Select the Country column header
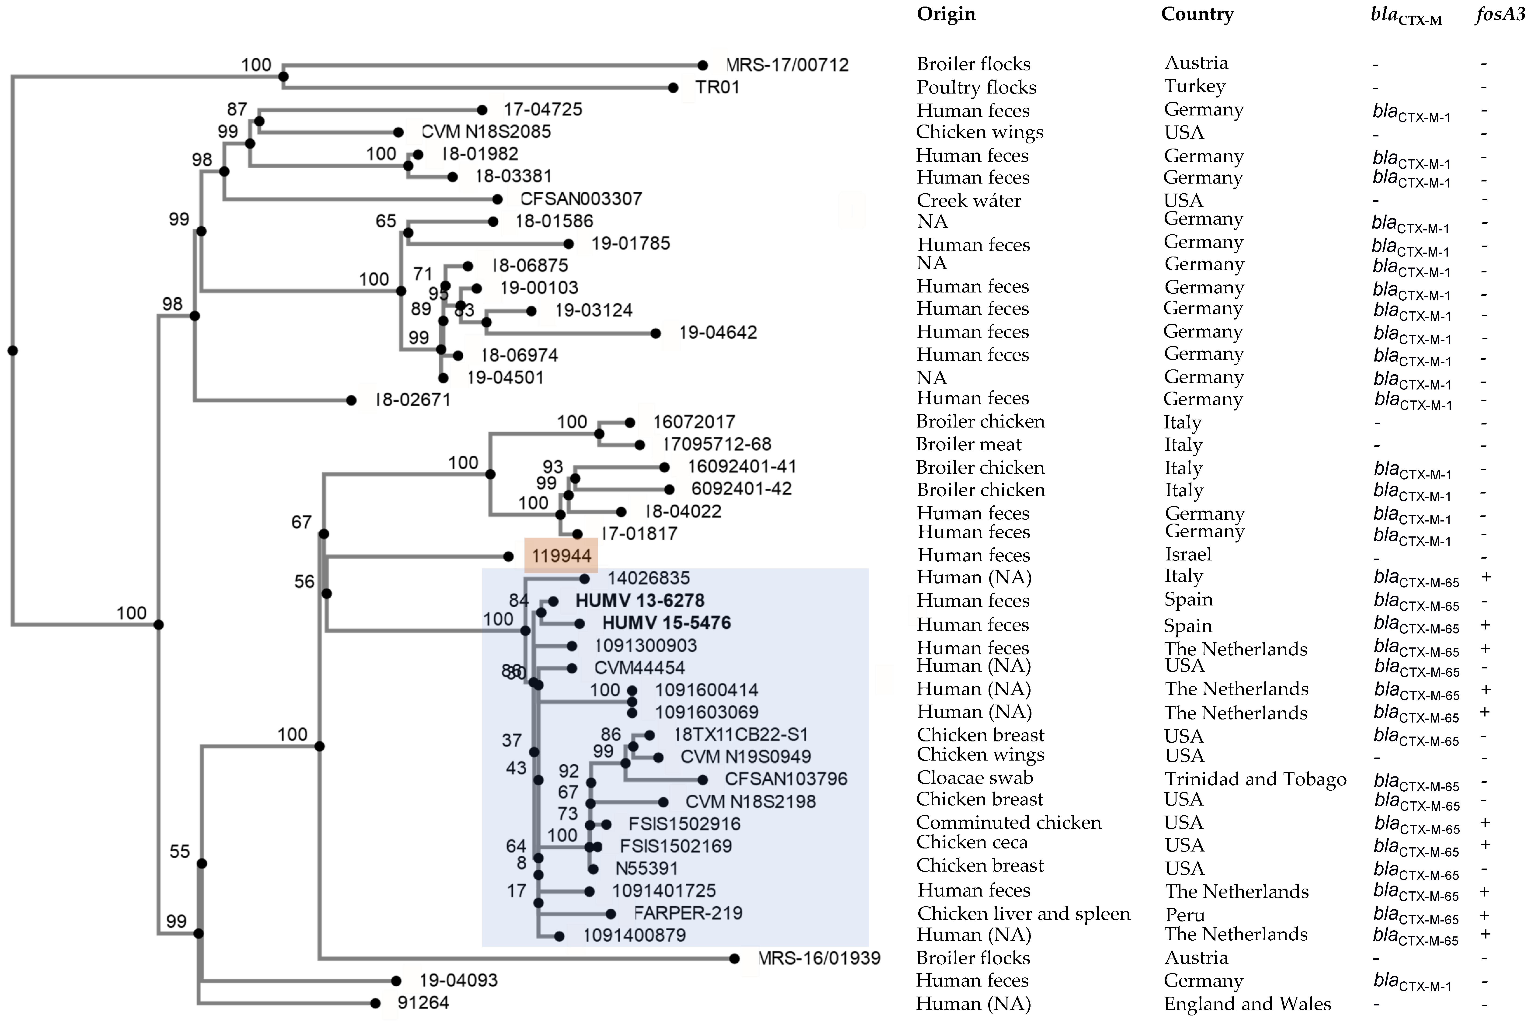pyautogui.click(x=1197, y=14)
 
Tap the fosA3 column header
pyautogui.click(x=1500, y=14)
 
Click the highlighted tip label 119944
pyautogui.click(x=561, y=556)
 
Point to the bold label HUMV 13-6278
pyautogui.click(x=639, y=600)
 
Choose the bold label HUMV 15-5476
pyautogui.click(x=666, y=623)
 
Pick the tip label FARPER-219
pyautogui.click(x=688, y=913)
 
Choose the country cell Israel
pyautogui.click(x=1188, y=555)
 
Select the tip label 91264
pyautogui.click(x=423, y=1002)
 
